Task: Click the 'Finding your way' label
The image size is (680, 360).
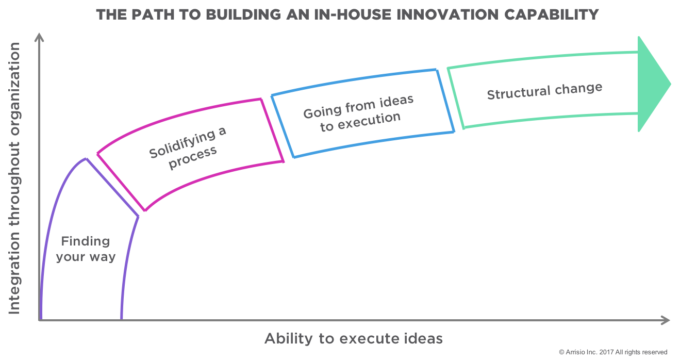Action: (86, 249)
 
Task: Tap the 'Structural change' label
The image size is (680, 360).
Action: (544, 91)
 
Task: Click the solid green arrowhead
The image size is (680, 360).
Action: (652, 84)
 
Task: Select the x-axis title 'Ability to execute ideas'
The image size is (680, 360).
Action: (353, 338)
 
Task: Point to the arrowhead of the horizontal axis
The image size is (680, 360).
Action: (666, 320)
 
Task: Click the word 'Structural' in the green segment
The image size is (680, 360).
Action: (519, 93)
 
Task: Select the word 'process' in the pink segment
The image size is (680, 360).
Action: (193, 154)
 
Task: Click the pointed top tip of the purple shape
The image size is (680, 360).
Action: (85, 158)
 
